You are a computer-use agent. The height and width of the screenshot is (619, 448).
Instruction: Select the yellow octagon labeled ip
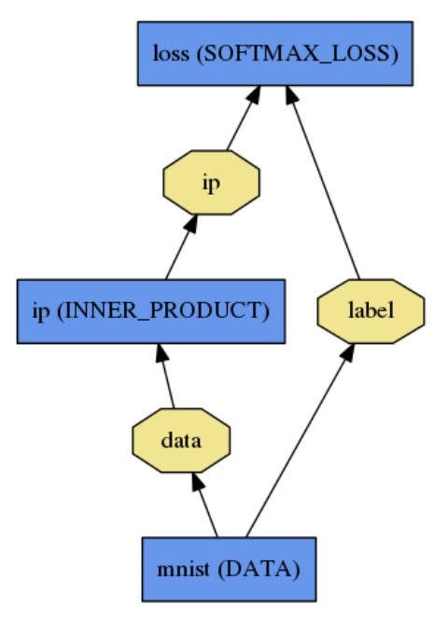tap(211, 182)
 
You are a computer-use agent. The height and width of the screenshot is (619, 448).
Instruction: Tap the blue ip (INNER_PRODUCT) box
tap(150, 309)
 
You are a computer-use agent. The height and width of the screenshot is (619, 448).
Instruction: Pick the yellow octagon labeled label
tap(371, 310)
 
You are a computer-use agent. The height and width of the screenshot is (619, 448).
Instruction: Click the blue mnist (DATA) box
tap(228, 567)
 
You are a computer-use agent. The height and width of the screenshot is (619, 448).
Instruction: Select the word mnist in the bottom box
tap(189, 567)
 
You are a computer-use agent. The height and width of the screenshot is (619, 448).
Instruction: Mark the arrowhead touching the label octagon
tap(348, 353)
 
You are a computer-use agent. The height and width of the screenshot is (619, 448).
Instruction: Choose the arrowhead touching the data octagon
tap(196, 481)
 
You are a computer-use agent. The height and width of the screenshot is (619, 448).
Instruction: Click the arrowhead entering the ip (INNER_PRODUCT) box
tap(161, 353)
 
